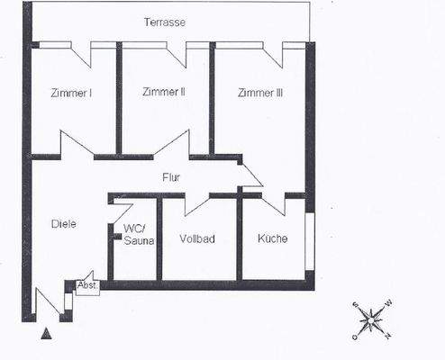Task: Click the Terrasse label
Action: pyautogui.click(x=165, y=22)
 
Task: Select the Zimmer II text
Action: pyautogui.click(x=163, y=92)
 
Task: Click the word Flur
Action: pyautogui.click(x=172, y=177)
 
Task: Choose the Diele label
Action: pyautogui.click(x=57, y=224)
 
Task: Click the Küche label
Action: pyautogui.click(x=272, y=239)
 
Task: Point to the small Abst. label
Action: pyautogui.click(x=87, y=285)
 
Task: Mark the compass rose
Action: pyautogui.click(x=371, y=319)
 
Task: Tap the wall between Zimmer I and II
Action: pyautogui.click(x=119, y=101)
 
